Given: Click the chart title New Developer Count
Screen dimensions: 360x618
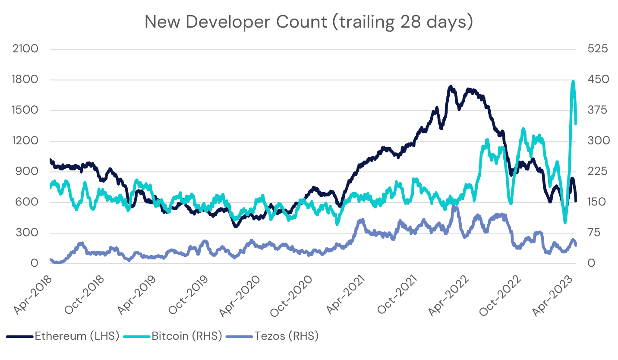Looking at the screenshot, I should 309,22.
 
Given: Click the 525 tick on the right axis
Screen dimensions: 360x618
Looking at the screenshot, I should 598,49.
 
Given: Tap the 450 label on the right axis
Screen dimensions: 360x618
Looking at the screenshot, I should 598,80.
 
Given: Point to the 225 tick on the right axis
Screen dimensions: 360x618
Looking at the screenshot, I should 598,172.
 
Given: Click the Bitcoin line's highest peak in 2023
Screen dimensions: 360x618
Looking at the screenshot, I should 573,82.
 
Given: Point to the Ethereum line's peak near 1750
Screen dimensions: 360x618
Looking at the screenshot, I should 451,87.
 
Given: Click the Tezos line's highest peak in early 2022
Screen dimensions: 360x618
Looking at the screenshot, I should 454,208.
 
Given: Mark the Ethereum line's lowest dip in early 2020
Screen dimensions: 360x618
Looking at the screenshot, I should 236,225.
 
